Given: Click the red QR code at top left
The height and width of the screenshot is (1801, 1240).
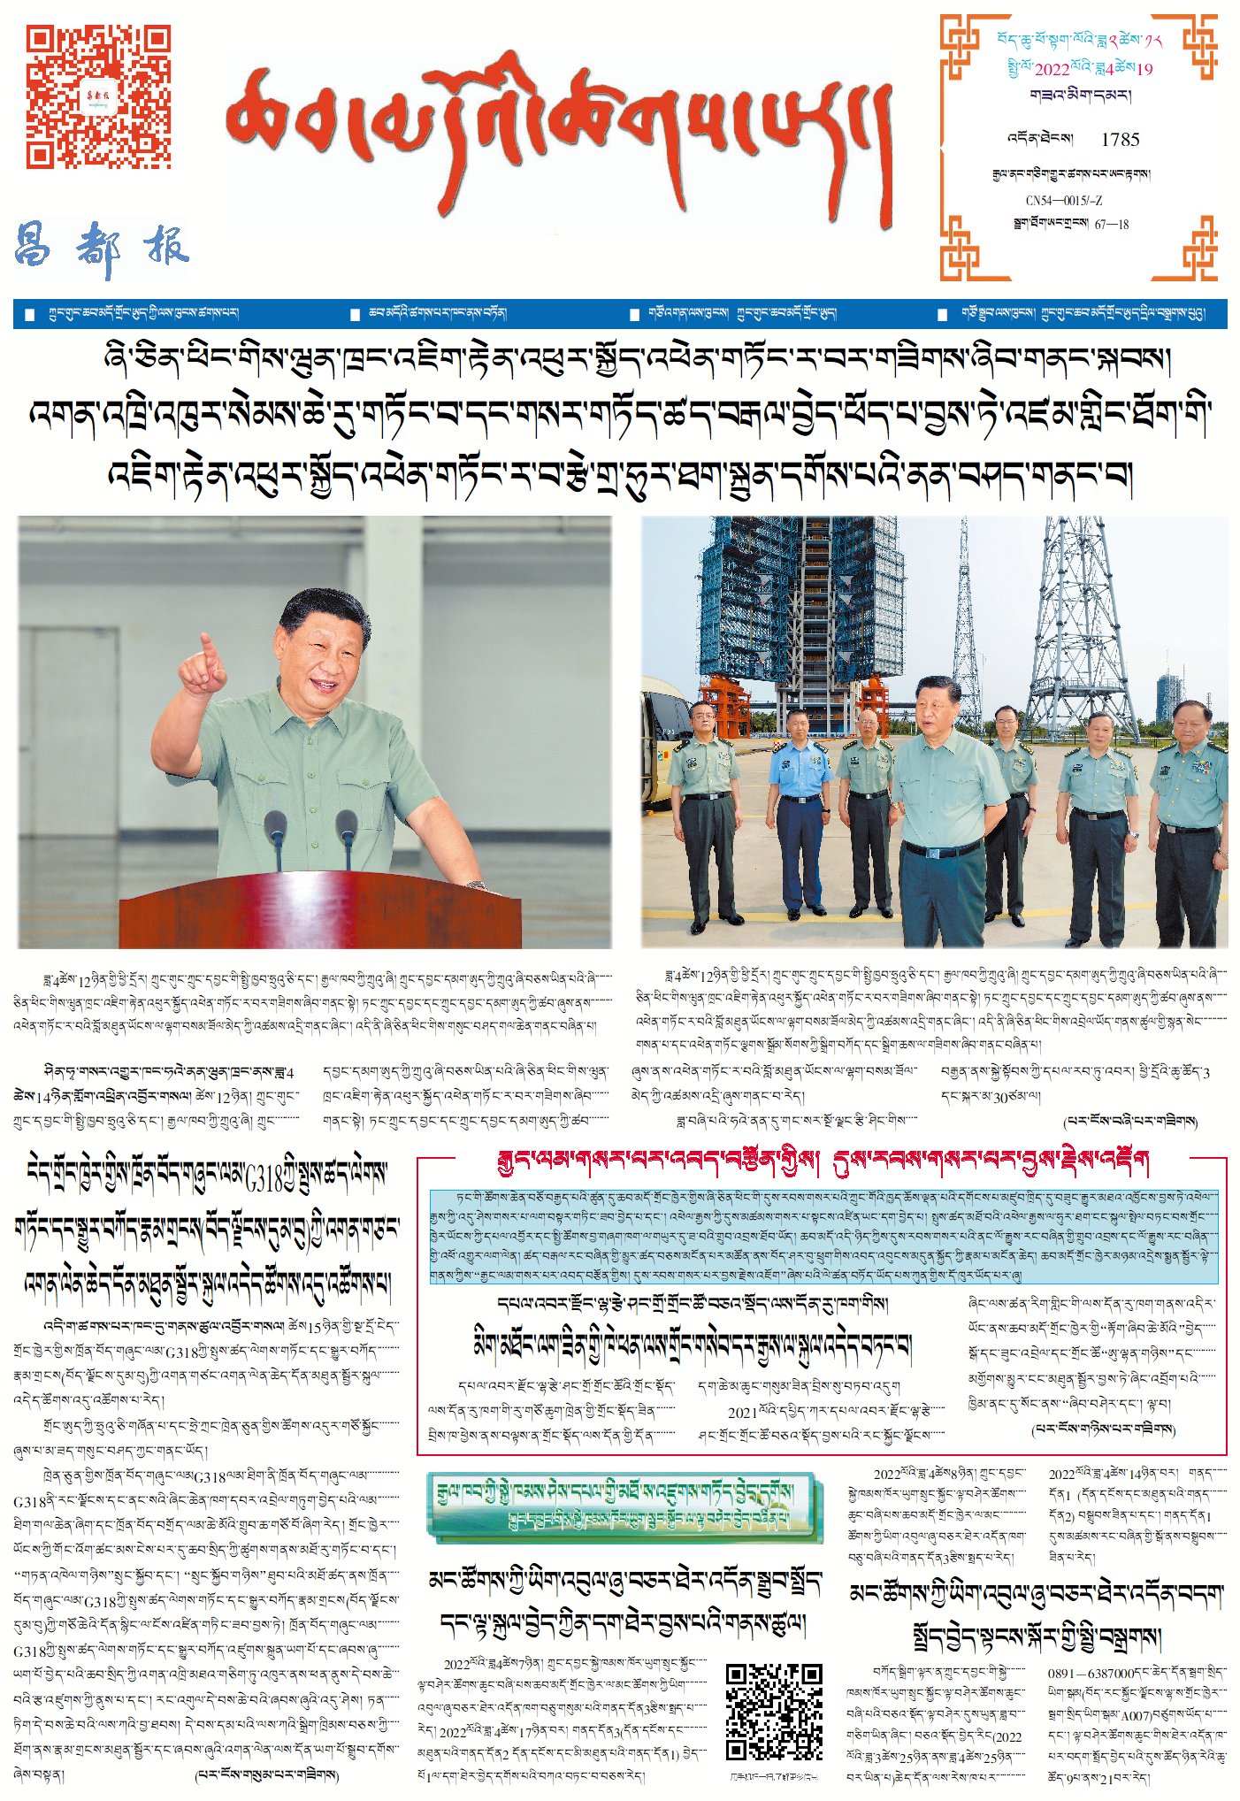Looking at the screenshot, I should coord(97,96).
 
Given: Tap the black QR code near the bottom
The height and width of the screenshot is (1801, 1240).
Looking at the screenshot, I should coord(774,1711).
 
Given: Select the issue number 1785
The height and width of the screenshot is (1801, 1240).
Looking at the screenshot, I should coord(1120,140).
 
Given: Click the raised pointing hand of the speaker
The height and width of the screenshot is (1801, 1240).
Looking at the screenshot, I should coord(204,668).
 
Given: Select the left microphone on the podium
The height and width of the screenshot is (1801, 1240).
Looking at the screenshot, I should coord(275,832).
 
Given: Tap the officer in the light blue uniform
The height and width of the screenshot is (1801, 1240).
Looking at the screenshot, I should coord(800,805).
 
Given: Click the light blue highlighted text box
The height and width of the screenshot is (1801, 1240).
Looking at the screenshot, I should coord(823,1237).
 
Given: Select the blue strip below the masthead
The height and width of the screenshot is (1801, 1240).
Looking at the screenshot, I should coord(619,314).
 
